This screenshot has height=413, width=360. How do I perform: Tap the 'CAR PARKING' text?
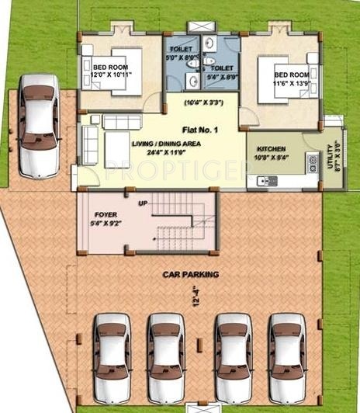tap(190, 274)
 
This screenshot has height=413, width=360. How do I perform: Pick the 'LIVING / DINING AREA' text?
tap(164, 144)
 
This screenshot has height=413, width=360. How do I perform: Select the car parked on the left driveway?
tap(39, 124)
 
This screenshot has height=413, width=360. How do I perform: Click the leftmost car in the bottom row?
tap(111, 356)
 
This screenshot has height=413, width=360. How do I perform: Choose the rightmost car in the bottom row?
tap(287, 356)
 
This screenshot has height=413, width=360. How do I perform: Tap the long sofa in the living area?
tap(90, 144)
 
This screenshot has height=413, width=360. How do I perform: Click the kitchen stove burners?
tap(313, 164)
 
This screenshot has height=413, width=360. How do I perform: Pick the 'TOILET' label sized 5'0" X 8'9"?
tap(182, 52)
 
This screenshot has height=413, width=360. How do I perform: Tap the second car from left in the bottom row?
tap(165, 356)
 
